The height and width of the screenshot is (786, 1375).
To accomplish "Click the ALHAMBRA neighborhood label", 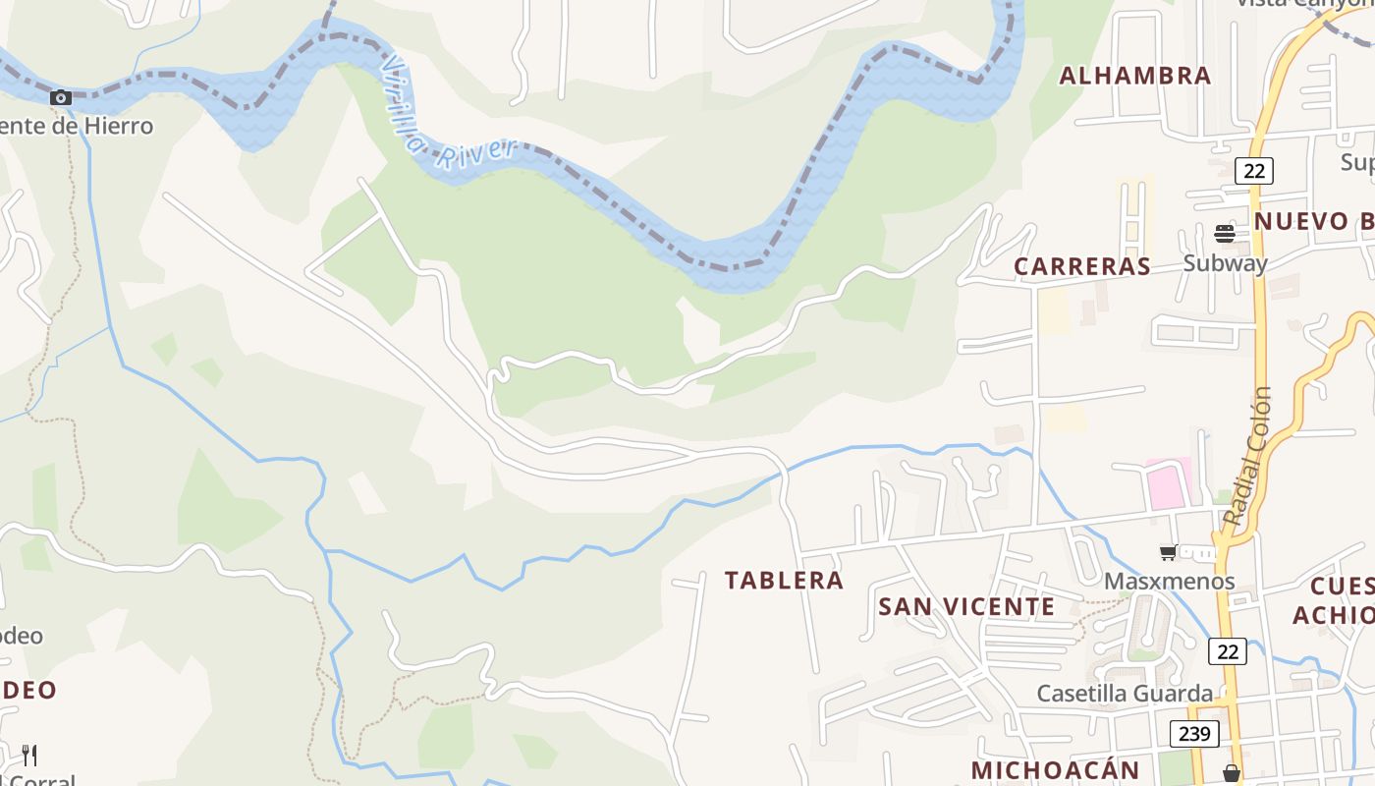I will [x=1134, y=76].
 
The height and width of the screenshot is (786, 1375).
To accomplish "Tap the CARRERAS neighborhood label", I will [x=1082, y=266].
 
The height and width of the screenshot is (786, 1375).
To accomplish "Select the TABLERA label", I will [x=784, y=581].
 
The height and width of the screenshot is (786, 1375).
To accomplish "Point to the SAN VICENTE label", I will [x=966, y=606].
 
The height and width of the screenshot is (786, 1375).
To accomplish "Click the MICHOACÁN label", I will [x=1055, y=770].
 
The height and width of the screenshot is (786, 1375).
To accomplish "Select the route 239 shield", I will [x=1194, y=733].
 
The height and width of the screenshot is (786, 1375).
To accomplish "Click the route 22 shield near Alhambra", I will [x=1253, y=170].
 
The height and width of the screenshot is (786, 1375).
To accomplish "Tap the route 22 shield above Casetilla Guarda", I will [x=1227, y=650].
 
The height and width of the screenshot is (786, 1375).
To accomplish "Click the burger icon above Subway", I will [x=1224, y=233].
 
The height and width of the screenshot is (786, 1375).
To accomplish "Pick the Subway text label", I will [x=1225, y=262].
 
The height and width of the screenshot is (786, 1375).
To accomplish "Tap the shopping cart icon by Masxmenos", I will [x=1168, y=552].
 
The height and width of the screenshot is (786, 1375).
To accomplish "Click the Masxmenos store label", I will [x=1169, y=581].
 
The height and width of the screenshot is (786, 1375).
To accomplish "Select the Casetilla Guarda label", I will [x=1125, y=693].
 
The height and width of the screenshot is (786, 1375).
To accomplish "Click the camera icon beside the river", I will [x=61, y=97].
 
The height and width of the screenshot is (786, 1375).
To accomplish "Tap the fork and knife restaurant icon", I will [x=29, y=755].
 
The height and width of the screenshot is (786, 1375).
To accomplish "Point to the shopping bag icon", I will [x=1231, y=773].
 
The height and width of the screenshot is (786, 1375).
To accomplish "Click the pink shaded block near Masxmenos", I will [x=1169, y=484].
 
